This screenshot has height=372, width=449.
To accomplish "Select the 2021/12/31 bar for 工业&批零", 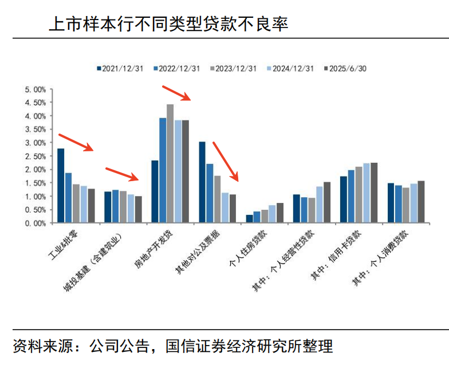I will click(x=61, y=186).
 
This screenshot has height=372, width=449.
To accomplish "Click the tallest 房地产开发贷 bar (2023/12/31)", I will click(x=170, y=163).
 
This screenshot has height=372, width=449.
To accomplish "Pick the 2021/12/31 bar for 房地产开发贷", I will click(x=155, y=191).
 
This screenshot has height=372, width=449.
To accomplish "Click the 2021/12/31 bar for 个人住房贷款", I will click(x=249, y=218).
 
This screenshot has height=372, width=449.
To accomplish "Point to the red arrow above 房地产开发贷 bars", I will click(x=178, y=93).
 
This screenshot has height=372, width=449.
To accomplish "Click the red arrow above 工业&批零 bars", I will click(x=76, y=143).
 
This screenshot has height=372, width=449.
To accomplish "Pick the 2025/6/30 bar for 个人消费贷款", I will click(x=421, y=202).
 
